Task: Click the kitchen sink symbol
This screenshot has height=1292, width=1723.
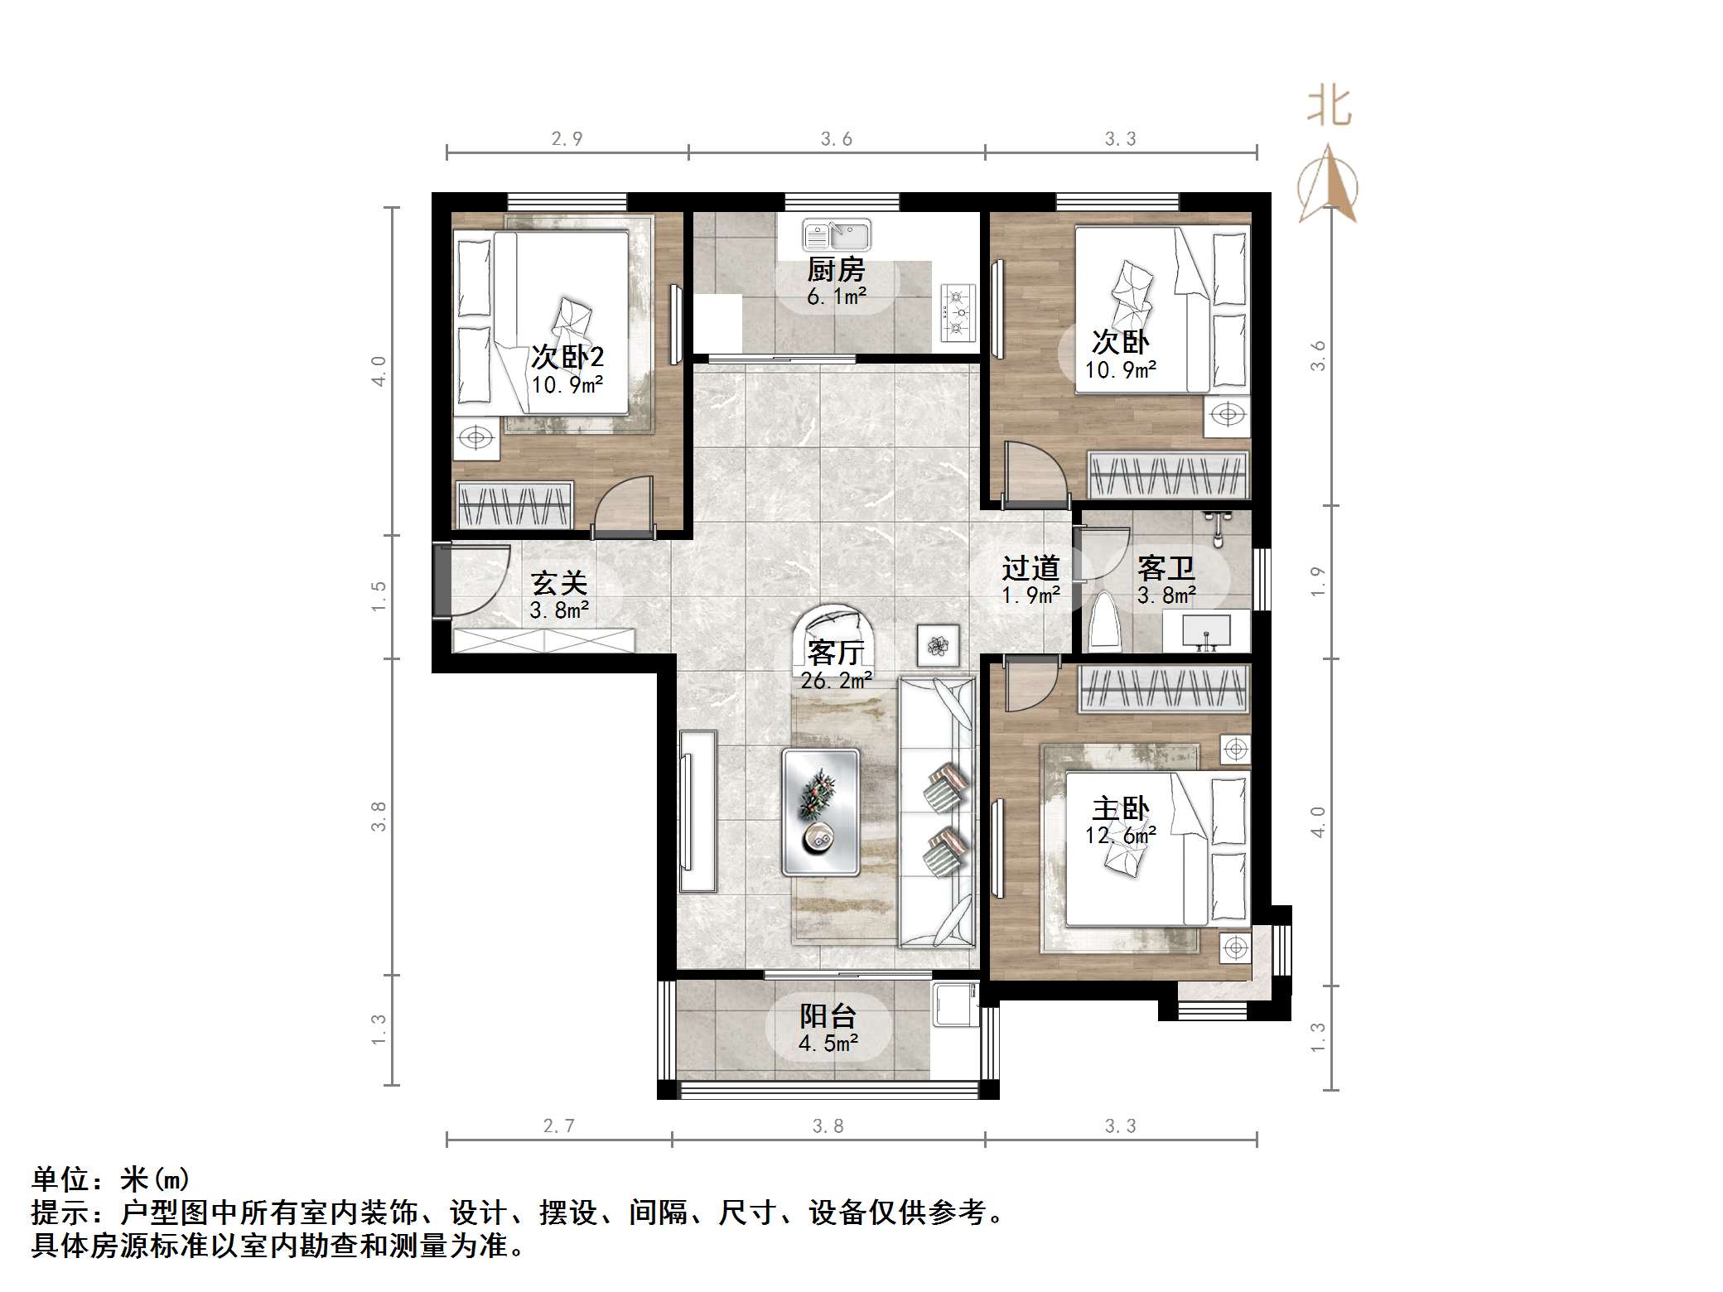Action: (x=837, y=235)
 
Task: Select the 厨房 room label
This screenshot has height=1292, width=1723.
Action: (x=836, y=270)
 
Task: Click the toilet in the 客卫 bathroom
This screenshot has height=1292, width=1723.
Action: (x=1105, y=622)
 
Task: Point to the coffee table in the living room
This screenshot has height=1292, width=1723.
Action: (x=821, y=812)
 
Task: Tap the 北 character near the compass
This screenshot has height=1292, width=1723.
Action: (x=1330, y=107)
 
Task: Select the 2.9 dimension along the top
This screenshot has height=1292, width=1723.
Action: (x=567, y=139)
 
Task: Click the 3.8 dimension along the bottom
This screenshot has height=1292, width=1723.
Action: (x=828, y=1126)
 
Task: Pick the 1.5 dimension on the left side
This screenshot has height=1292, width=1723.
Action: (x=379, y=596)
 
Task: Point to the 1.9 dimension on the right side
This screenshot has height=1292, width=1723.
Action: (x=1318, y=581)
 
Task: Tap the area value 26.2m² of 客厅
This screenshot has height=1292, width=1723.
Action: (x=836, y=681)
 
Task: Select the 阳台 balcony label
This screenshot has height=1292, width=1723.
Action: (x=828, y=1016)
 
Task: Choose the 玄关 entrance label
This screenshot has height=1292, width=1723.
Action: (x=559, y=583)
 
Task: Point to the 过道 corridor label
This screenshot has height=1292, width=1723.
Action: (x=1030, y=568)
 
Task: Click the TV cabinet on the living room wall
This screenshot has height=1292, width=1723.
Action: (x=697, y=811)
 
